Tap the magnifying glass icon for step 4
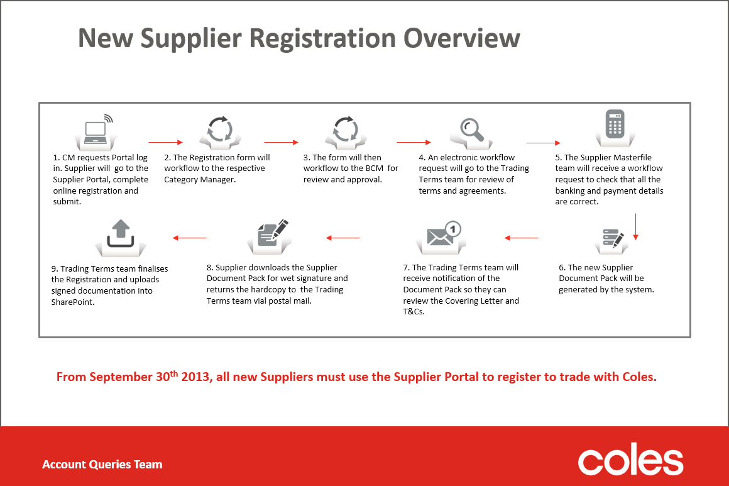(x=471, y=130)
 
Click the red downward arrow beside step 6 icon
(x=635, y=227)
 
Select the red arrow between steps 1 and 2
(x=165, y=142)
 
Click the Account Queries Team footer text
(x=102, y=465)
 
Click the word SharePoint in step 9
(x=73, y=302)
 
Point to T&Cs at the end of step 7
(x=414, y=312)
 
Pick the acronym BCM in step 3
(x=374, y=168)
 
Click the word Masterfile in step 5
(x=630, y=158)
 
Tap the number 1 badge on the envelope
(x=453, y=229)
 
